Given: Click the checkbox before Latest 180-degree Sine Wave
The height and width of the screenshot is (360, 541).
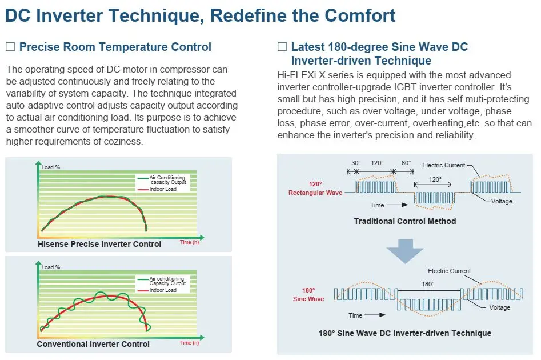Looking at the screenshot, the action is tap(282, 47).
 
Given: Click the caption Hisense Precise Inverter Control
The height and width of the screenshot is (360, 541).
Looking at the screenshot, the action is tap(99, 244).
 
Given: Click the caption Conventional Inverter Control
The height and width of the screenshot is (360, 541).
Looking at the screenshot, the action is tap(93, 344).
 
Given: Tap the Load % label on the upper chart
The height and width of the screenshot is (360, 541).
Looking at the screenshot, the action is tap(51, 167).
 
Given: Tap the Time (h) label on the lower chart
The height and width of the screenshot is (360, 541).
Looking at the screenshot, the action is tap(190, 342).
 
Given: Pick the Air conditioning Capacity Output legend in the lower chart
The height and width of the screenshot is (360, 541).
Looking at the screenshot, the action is tap(167, 281).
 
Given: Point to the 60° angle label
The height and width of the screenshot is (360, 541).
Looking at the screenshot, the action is tap(406, 163).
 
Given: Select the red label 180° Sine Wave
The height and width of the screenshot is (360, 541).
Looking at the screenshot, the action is tap(309, 295).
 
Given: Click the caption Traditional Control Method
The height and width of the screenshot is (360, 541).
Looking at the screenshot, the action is tap(405, 221).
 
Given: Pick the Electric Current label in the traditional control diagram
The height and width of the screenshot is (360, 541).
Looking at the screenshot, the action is tap(444, 165).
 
